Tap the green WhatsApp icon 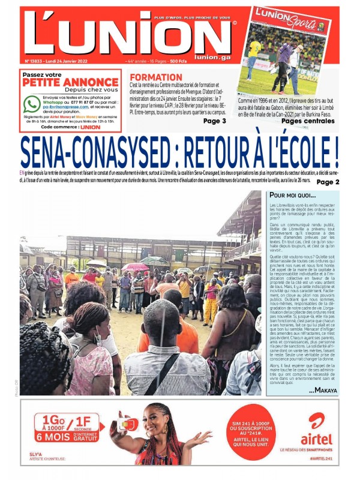32,104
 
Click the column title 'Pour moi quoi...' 292,196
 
